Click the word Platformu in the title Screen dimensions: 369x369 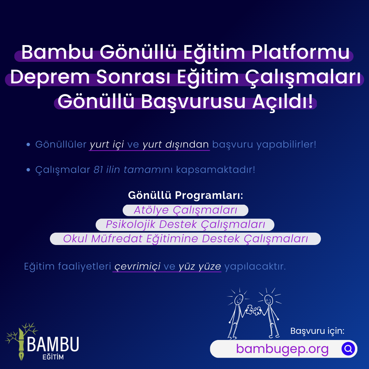pyautogui.click(x=301, y=52)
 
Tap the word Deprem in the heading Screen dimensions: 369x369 pyautogui.click(x=50, y=77)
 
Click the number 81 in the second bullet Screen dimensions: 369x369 pyautogui.click(x=98, y=169)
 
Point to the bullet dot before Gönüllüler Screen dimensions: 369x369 pyautogui.click(x=28, y=145)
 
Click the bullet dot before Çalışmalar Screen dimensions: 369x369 pyautogui.click(x=28, y=170)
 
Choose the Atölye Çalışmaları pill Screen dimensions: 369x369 pyautogui.click(x=186, y=210)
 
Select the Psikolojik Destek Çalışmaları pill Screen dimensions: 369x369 pyautogui.click(x=185, y=224)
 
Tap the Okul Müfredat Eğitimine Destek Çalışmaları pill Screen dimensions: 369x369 pyautogui.click(x=185, y=238)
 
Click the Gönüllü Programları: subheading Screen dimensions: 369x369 pyautogui.click(x=186, y=195)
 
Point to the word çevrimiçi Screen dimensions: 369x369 pyautogui.click(x=137, y=266)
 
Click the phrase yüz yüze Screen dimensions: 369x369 pyautogui.click(x=200, y=266)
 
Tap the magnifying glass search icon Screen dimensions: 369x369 pyautogui.click(x=348, y=348)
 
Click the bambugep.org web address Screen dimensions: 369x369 pyautogui.click(x=283, y=349)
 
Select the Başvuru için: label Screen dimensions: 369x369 pyautogui.click(x=317, y=331)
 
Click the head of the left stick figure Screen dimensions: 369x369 pyautogui.click(x=238, y=299)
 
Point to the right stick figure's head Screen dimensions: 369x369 pyautogui.click(x=269, y=300)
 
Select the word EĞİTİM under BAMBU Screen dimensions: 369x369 pyautogui.click(x=53, y=357)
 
